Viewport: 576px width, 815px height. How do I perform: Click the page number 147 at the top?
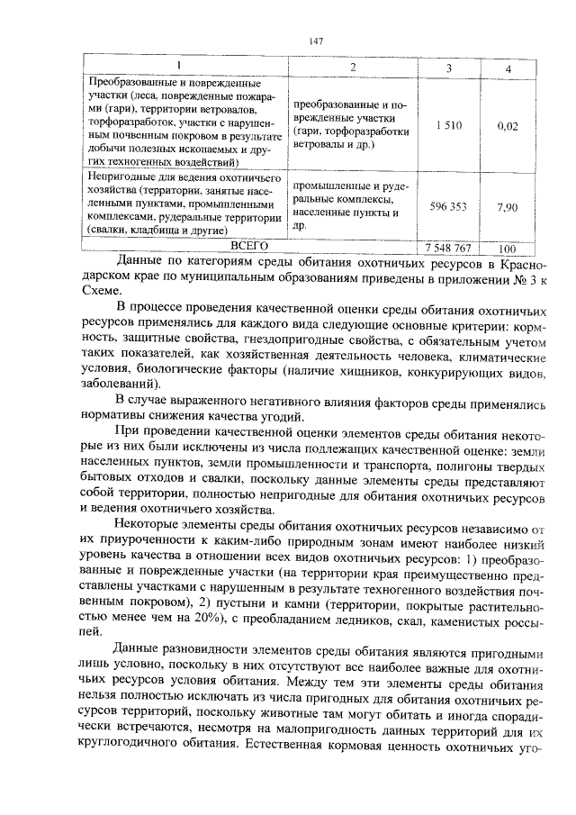point(315,41)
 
